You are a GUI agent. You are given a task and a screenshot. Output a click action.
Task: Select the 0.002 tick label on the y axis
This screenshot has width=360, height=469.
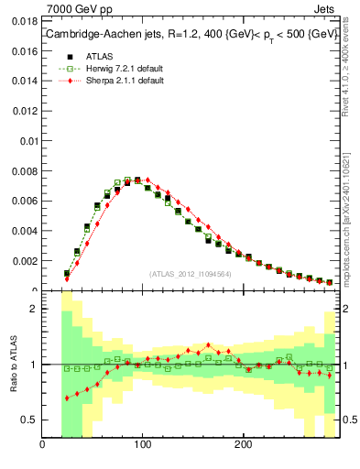(24, 261)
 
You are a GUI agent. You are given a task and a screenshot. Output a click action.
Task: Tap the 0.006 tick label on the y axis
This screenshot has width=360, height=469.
(24, 201)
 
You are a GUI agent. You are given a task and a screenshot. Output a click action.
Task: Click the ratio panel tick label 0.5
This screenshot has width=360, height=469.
(28, 420)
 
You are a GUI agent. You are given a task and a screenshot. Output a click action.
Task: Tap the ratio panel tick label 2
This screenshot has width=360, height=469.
(33, 309)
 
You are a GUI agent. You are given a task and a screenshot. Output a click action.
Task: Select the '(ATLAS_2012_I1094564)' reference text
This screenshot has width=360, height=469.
(190, 273)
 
